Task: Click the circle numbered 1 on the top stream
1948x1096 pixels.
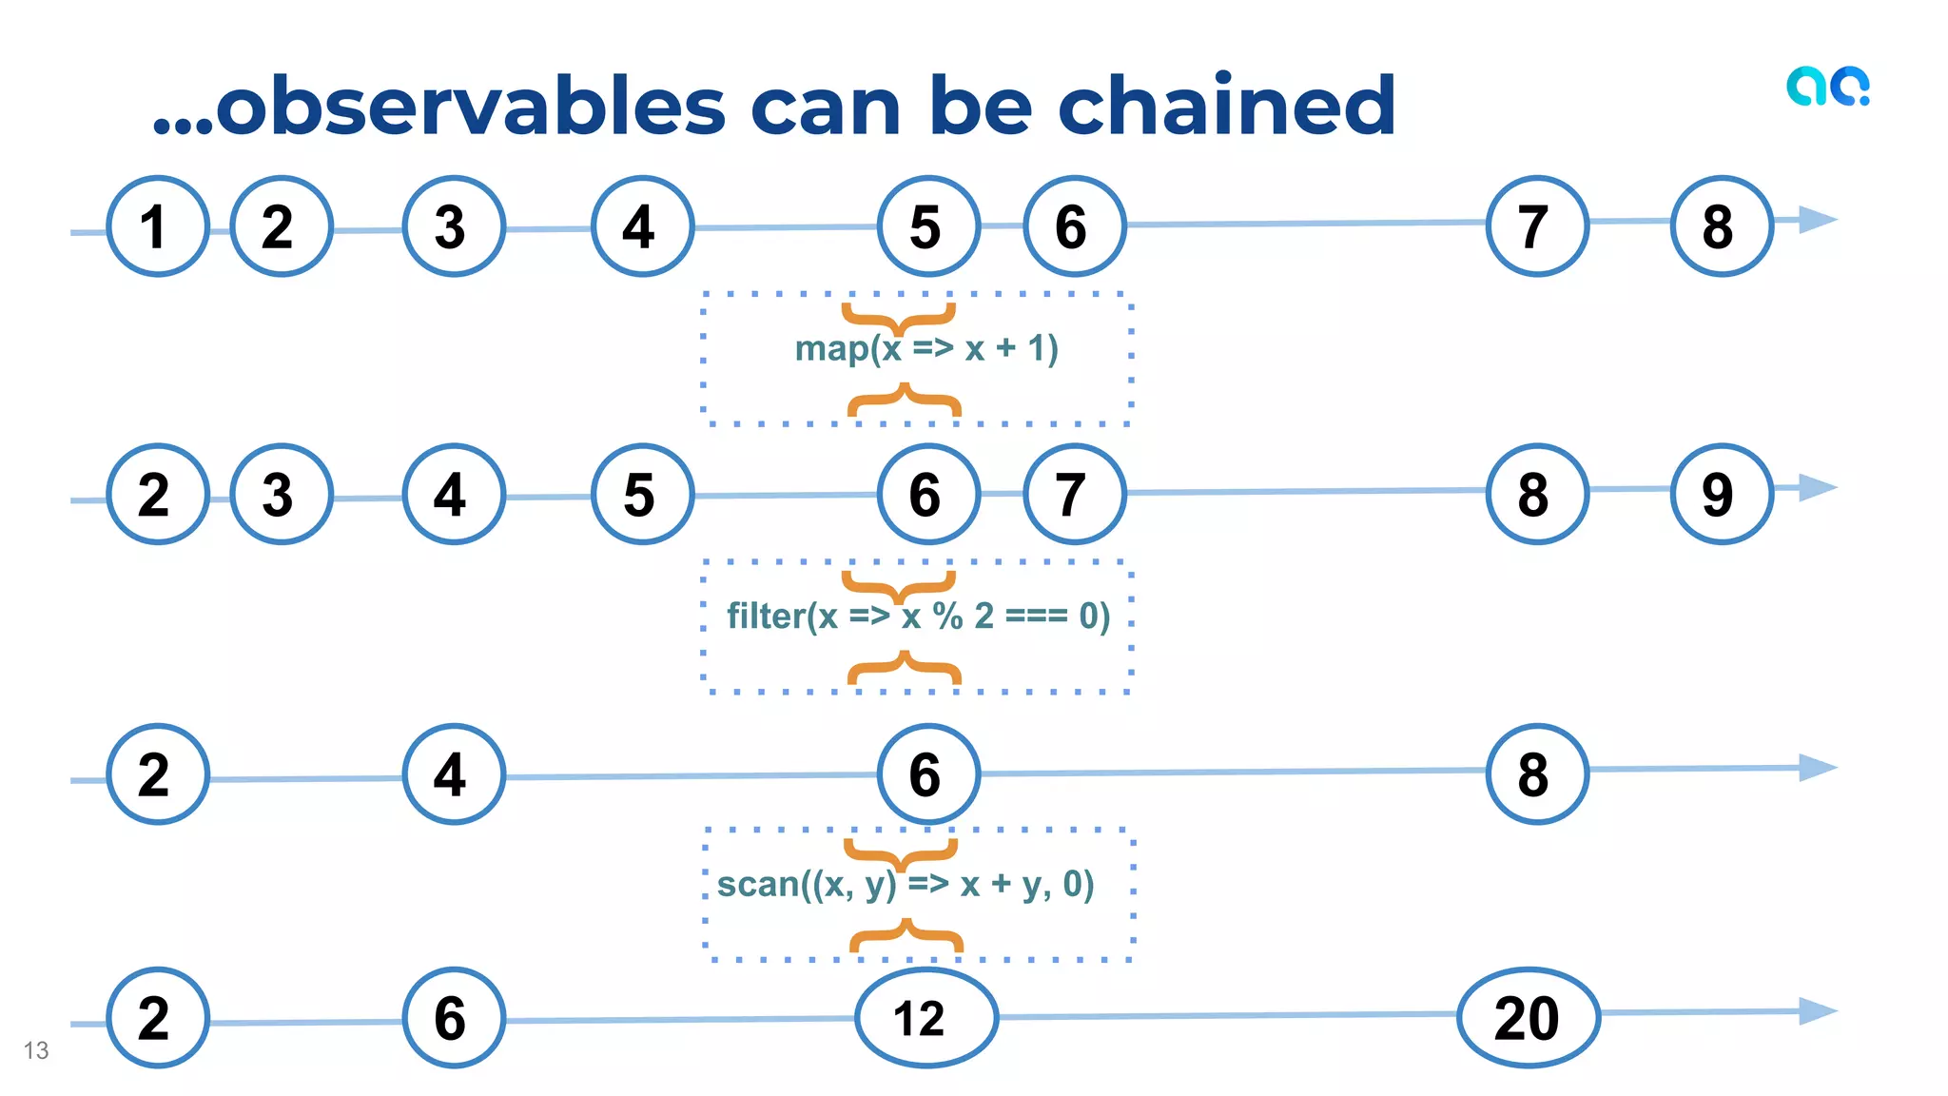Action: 157,226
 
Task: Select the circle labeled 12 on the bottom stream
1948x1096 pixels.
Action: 925,1018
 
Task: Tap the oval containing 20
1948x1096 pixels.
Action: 1528,1018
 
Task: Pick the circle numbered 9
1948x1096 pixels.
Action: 1721,494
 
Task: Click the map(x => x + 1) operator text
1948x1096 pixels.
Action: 926,348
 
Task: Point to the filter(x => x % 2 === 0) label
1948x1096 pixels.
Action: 918,616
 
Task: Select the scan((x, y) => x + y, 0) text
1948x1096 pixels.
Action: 906,885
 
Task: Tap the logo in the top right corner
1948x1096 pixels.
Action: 1827,87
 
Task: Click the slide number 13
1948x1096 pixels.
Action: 36,1050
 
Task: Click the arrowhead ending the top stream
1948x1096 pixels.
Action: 1818,220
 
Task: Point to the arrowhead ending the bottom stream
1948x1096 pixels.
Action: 1818,1011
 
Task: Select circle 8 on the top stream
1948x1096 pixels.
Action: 1721,226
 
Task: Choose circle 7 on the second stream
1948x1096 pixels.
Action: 1074,494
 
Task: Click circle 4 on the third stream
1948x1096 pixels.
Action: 453,774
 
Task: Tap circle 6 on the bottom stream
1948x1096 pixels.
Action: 453,1018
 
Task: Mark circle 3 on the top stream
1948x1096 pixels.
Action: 453,226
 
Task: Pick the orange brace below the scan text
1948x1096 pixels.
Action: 906,936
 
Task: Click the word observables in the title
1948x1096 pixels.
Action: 471,106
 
